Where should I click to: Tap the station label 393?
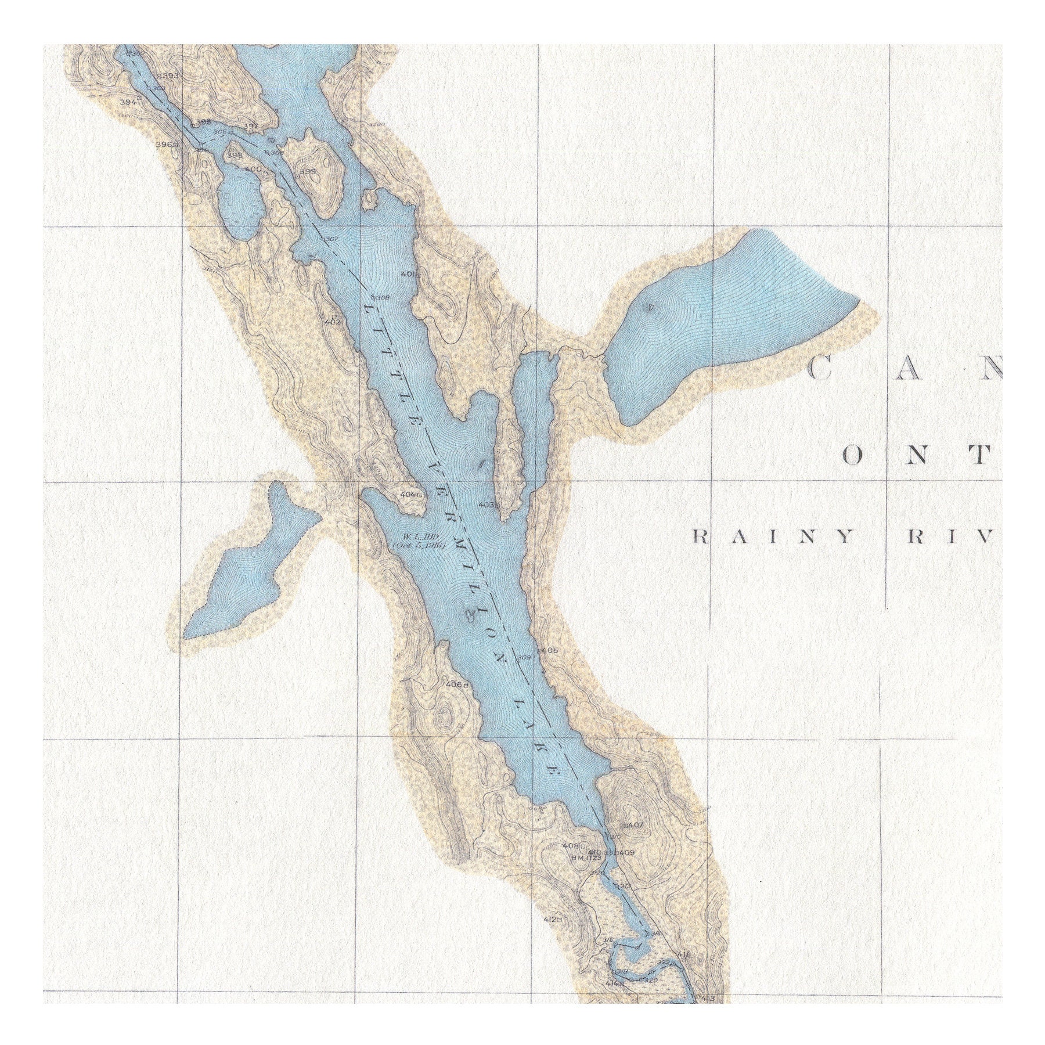170,75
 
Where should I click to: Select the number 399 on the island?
308,171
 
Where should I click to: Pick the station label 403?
488,505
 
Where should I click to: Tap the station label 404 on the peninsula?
410,495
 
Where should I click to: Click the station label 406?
456,685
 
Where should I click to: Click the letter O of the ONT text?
853,457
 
